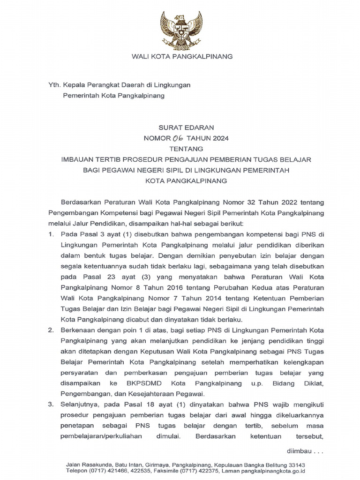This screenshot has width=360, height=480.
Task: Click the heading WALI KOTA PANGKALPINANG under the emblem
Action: point(181,57)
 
